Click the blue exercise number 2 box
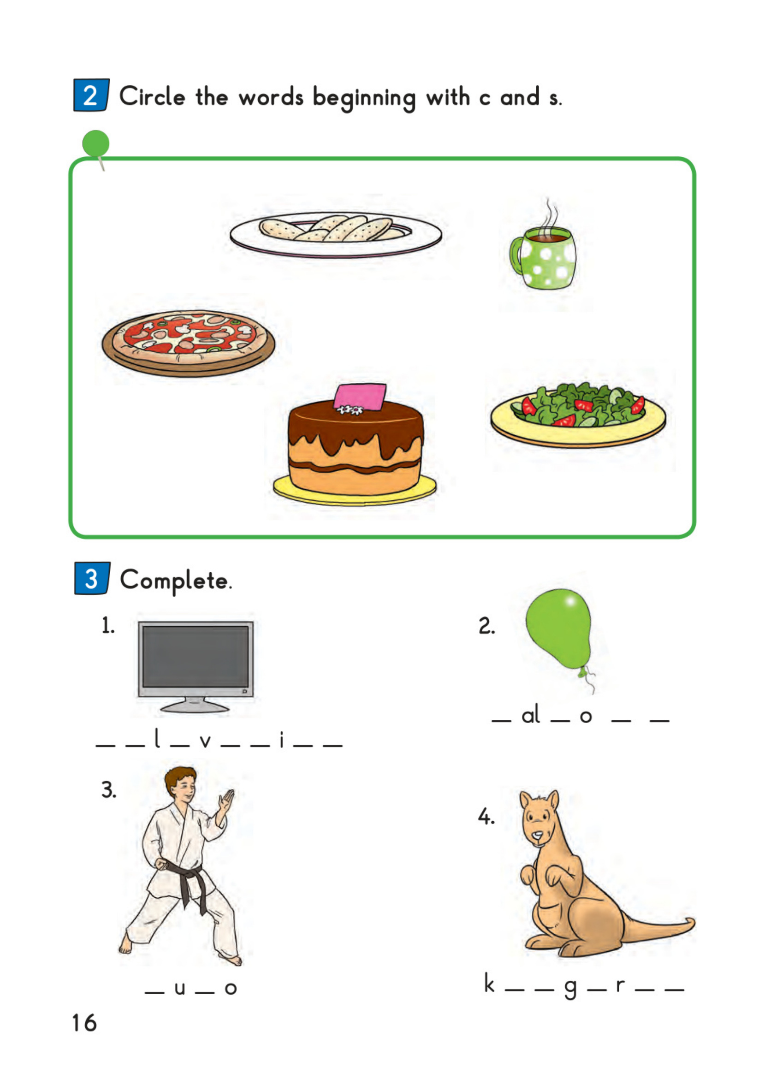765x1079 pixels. point(91,95)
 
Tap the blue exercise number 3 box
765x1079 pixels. point(92,578)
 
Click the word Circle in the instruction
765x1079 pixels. point(152,96)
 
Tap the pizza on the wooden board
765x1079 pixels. point(189,342)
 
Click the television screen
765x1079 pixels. point(196,656)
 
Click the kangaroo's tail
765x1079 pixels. point(658,928)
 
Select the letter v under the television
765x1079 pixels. point(205,741)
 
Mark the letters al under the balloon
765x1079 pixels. point(530,715)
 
